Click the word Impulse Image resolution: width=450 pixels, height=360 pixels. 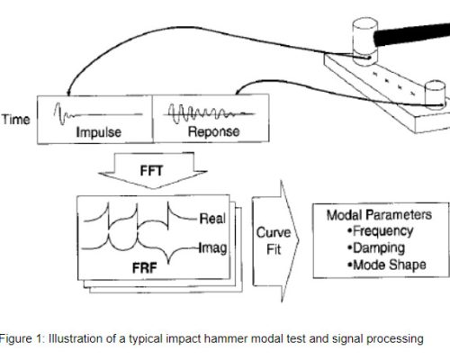click(x=99, y=132)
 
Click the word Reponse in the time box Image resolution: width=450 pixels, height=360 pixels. click(x=213, y=131)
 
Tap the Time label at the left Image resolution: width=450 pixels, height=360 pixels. click(x=16, y=120)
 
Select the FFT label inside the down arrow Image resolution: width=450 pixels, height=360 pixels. click(x=151, y=171)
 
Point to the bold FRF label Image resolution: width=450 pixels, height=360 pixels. click(x=145, y=268)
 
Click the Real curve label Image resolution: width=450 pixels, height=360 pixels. click(x=212, y=219)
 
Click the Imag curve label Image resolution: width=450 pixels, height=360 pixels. click(x=213, y=248)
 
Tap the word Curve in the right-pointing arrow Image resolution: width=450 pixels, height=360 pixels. click(x=274, y=233)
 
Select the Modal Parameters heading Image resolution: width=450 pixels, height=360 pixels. click(x=379, y=215)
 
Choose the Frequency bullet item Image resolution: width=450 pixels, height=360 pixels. click(x=381, y=231)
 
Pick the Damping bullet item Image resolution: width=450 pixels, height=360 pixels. click(x=376, y=248)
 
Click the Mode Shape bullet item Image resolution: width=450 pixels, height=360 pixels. click(x=387, y=265)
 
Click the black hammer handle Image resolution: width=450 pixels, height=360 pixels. click(x=411, y=34)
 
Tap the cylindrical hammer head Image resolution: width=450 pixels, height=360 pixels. click(x=365, y=41)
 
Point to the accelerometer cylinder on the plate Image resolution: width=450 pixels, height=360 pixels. click(x=436, y=94)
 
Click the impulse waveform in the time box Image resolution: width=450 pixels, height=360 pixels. click(x=98, y=114)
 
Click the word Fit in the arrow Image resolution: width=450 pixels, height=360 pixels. click(x=274, y=249)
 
